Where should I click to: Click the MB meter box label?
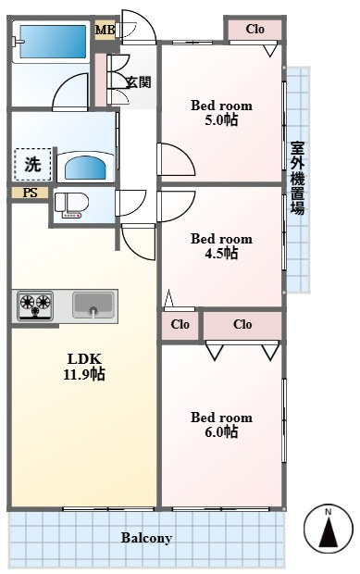click(x=105, y=30)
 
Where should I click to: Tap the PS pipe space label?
click(x=30, y=193)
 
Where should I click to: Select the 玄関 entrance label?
click(x=139, y=82)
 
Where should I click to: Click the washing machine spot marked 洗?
click(x=32, y=165)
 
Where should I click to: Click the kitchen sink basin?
click(x=93, y=305)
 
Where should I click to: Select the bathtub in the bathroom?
click(x=53, y=42)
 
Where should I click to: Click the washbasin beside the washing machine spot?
click(x=86, y=167)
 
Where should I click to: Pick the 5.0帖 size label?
click(x=221, y=119)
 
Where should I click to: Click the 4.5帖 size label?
click(x=221, y=253)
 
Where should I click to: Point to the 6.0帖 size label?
click(x=221, y=432)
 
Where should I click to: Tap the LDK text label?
click(x=84, y=359)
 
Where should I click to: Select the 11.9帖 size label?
click(x=84, y=374)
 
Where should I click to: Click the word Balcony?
click(x=146, y=538)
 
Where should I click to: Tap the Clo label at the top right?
click(x=255, y=29)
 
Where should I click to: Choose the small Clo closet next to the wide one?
click(x=180, y=324)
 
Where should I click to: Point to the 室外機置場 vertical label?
click(x=297, y=178)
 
